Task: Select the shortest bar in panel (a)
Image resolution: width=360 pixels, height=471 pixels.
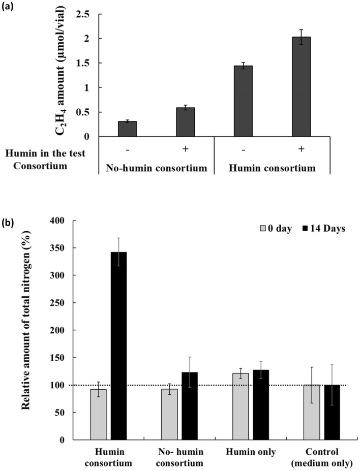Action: click(127, 129)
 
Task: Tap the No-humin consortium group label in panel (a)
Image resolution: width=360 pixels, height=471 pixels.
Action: click(156, 168)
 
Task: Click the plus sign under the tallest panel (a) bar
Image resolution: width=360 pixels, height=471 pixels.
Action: click(302, 148)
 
